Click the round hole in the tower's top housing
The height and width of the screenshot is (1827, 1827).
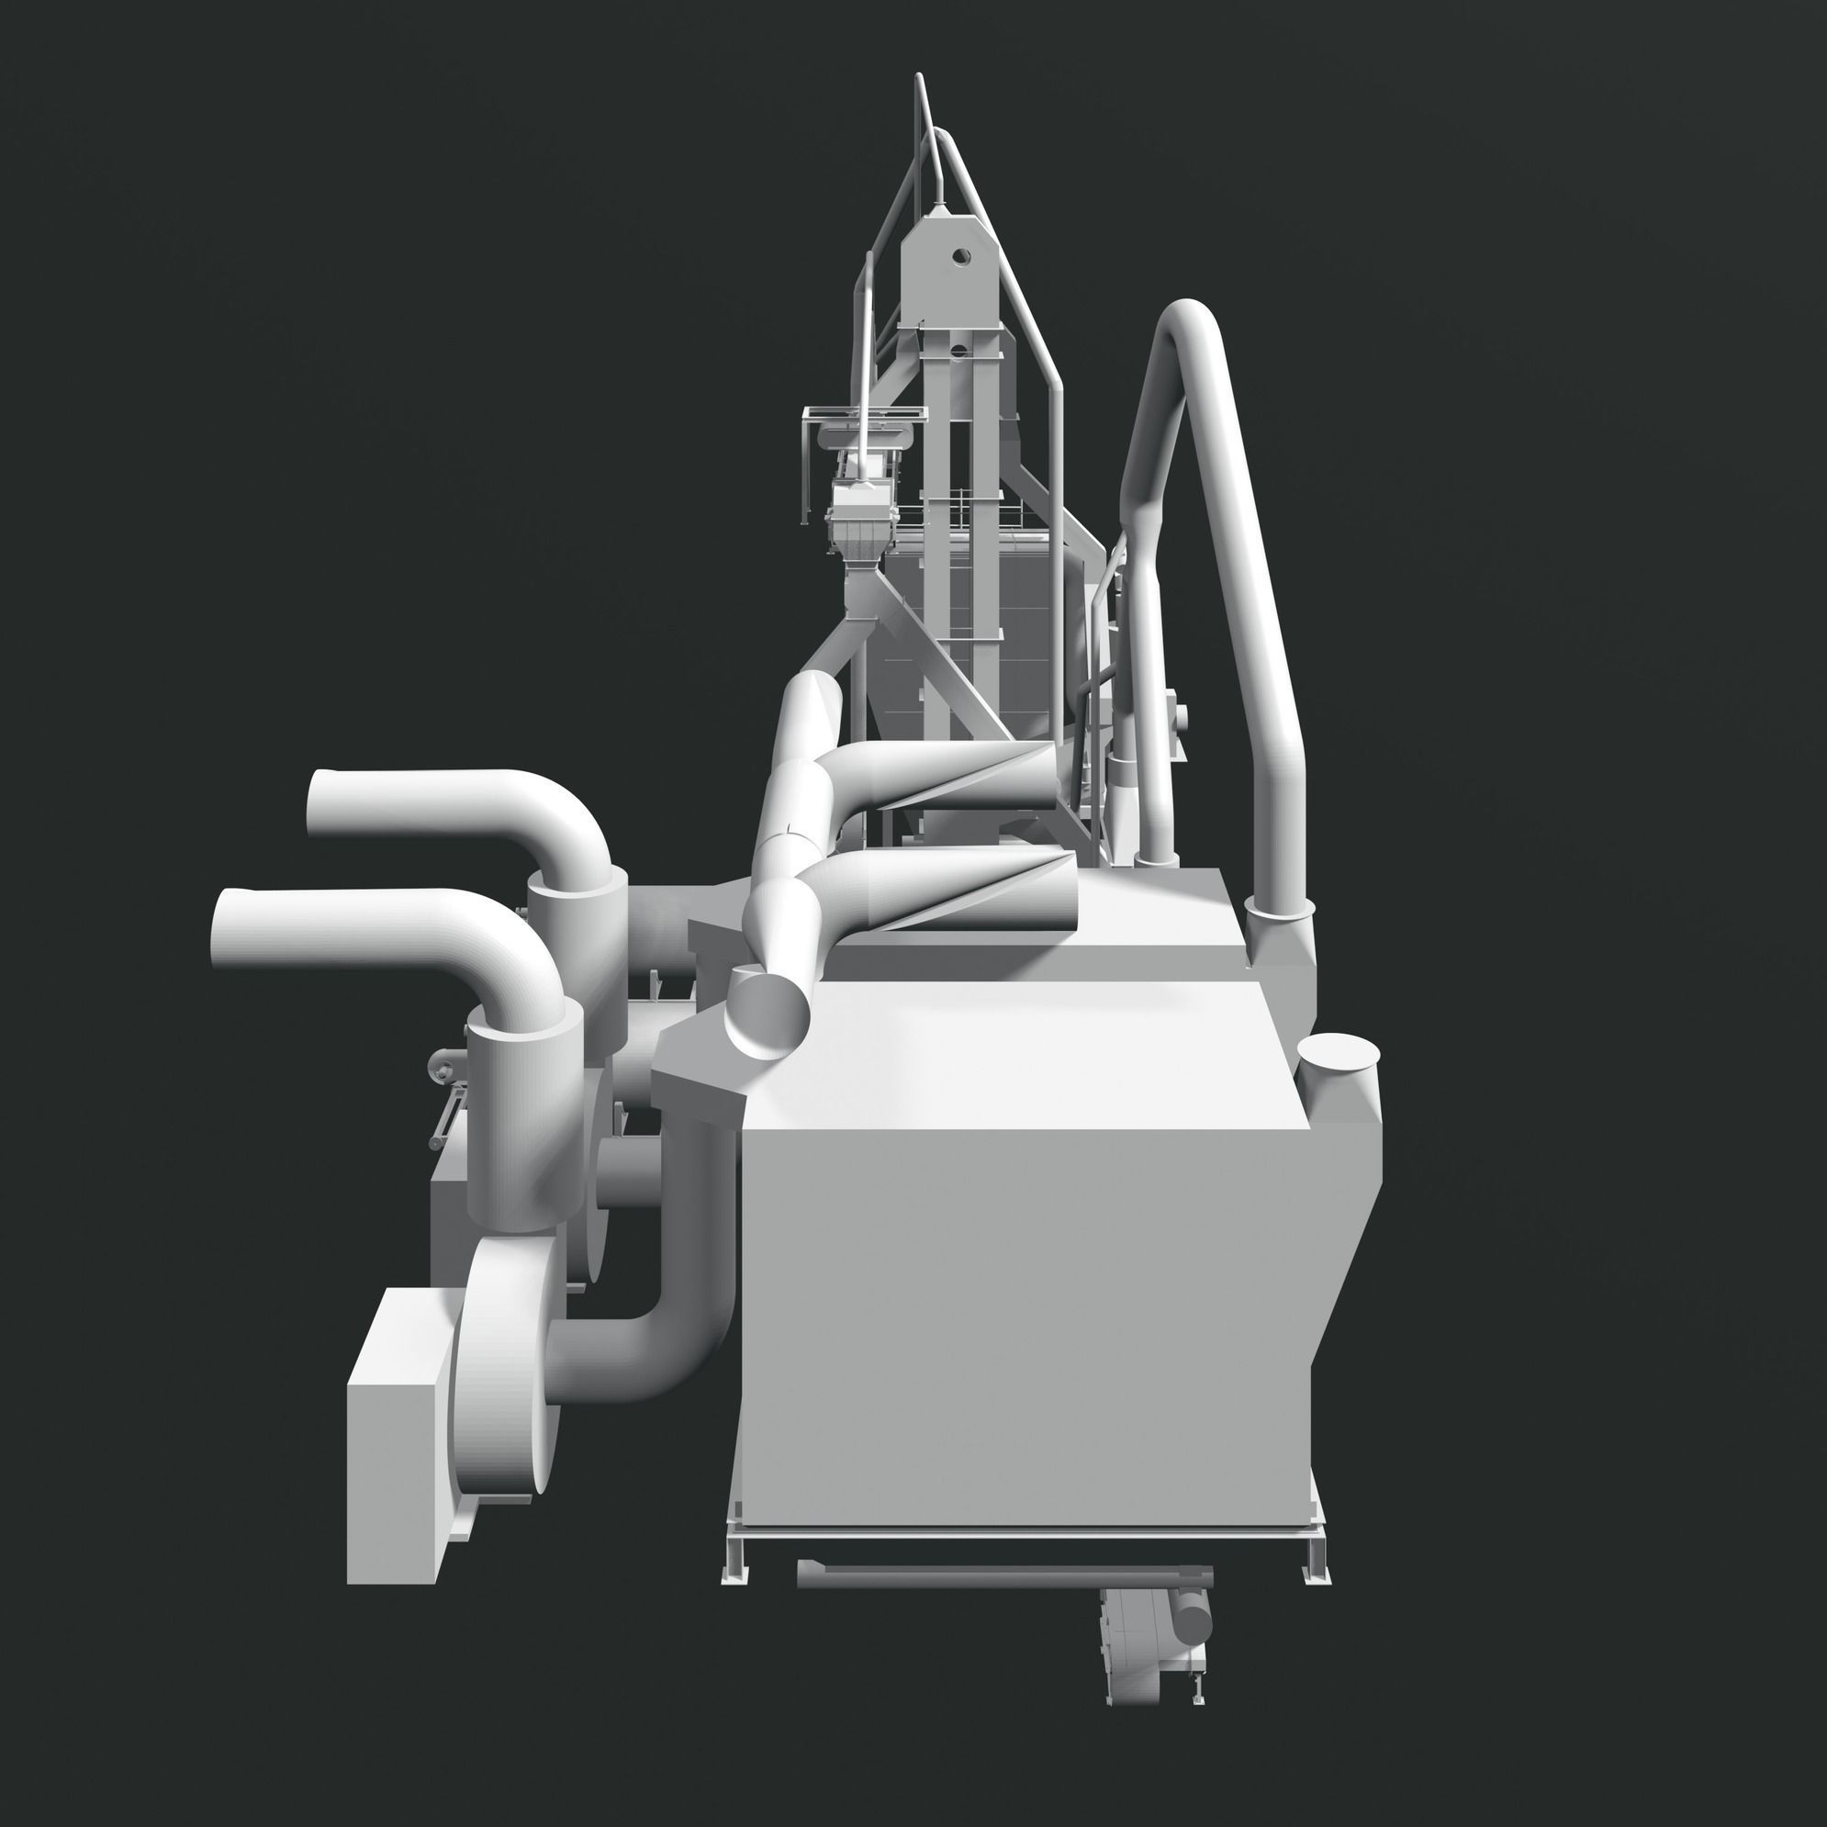(x=961, y=256)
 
